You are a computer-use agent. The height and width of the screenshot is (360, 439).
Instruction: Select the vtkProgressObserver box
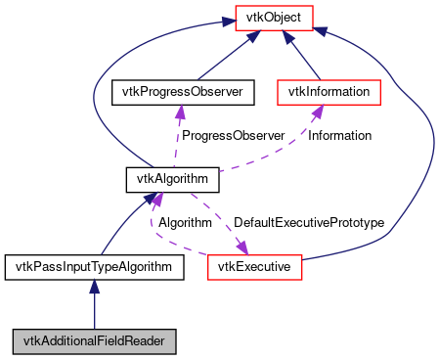(183, 92)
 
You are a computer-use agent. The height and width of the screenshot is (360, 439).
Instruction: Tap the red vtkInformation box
(329, 92)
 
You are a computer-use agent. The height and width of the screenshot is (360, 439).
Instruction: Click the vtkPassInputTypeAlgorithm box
(94, 265)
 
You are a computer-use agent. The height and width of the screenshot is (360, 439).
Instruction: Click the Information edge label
(339, 136)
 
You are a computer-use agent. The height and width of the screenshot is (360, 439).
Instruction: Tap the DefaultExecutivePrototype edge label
(308, 222)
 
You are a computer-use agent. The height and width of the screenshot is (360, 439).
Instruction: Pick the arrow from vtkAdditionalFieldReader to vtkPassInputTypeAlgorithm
(94, 303)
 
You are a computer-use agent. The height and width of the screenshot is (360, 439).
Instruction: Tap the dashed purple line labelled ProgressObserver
(177, 137)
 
